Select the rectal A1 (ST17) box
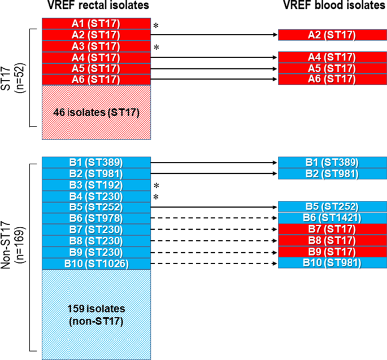click(x=96, y=24)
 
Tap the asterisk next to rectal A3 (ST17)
click(x=156, y=48)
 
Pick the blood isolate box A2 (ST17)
click(x=332, y=35)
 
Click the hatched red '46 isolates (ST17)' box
click(x=96, y=112)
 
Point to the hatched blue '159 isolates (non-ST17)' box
click(x=96, y=314)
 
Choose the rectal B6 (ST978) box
click(x=96, y=219)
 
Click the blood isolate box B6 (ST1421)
click(x=332, y=219)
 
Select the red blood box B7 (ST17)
click(x=332, y=230)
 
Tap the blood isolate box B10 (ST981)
click(x=332, y=262)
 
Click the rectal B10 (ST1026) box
click(x=96, y=262)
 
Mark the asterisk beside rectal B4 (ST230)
click(x=156, y=197)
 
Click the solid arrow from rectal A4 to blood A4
click(x=215, y=57)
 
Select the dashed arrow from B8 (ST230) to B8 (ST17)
click(x=215, y=240)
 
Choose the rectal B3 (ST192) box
click(x=96, y=186)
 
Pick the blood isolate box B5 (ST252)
click(x=332, y=208)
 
